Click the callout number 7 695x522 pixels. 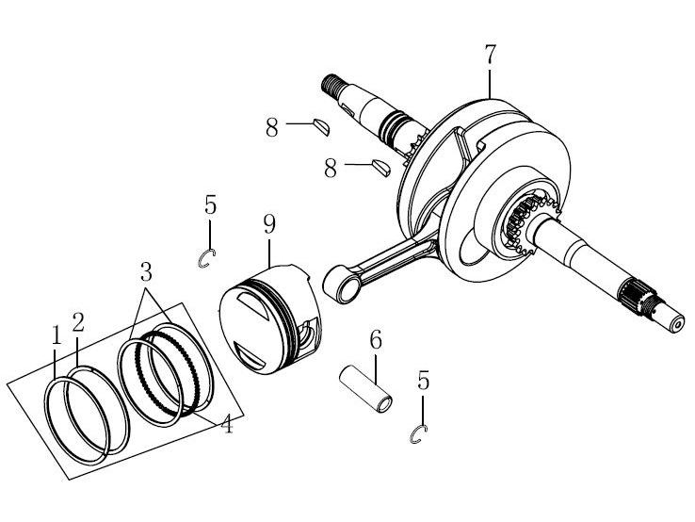coord(489,55)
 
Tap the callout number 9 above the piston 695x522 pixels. coord(269,224)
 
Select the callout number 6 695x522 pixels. coord(376,340)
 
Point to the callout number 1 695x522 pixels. coord(56,335)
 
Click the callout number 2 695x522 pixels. coord(78,322)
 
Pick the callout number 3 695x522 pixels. coord(146,271)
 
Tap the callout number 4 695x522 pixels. coord(227,424)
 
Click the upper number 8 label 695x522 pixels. coord(272,128)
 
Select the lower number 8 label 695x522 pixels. coord(331,169)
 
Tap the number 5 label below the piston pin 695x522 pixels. coord(423,381)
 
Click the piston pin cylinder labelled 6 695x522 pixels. coord(365,388)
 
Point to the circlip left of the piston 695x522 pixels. coord(206,259)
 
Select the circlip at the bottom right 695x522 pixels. coord(418,434)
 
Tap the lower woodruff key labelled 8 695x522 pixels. coord(380,168)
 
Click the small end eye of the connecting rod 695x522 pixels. coord(342,284)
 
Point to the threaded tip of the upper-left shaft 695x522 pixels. coord(331,83)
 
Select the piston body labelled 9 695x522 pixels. coord(270,319)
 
